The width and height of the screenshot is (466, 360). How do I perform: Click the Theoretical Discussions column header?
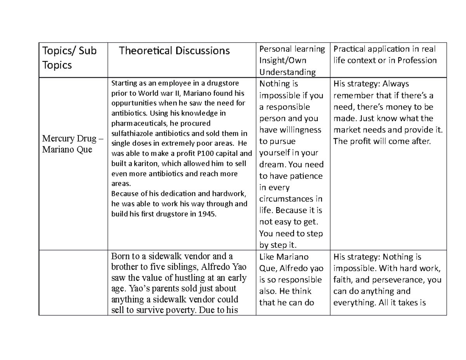tap(174, 50)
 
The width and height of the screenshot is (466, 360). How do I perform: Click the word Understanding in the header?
tap(287, 72)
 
